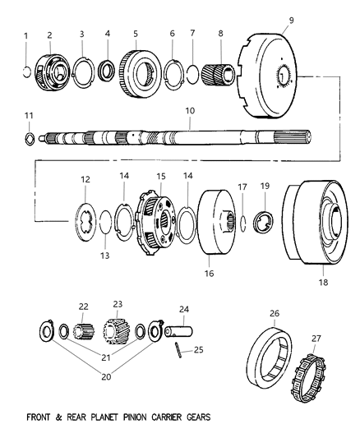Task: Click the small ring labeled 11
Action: click(29, 138)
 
